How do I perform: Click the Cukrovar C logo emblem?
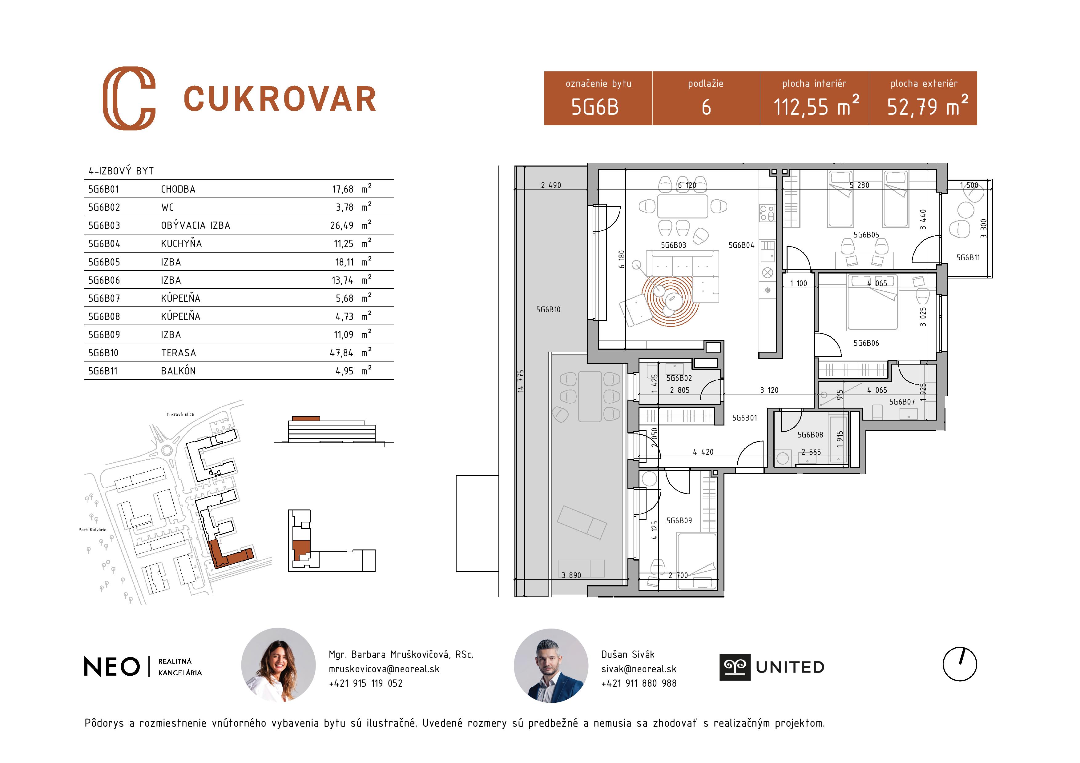[x=129, y=98]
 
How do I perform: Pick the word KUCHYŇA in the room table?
[x=181, y=244]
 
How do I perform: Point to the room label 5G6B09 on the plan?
[x=679, y=521]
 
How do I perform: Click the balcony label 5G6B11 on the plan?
[x=968, y=258]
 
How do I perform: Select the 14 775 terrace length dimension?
[x=520, y=381]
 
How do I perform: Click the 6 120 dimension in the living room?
[x=687, y=185]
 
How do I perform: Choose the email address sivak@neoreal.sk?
[x=639, y=669]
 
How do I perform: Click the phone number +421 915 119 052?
[x=366, y=684]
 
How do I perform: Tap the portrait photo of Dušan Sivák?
[x=551, y=666]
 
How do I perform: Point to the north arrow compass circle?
[x=960, y=664]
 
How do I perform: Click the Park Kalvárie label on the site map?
[x=92, y=530]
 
